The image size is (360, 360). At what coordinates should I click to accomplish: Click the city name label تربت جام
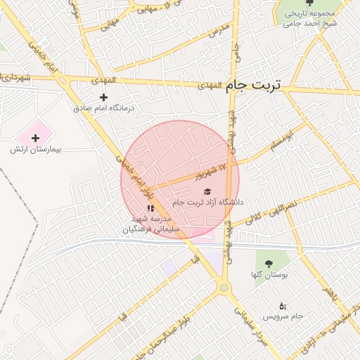252,84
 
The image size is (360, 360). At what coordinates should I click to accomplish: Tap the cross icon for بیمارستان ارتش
36,138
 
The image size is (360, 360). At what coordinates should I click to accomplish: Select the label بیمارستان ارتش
36,150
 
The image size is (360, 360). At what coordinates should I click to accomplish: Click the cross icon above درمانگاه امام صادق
104,96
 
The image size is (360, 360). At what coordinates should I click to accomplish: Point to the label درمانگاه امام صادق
108,108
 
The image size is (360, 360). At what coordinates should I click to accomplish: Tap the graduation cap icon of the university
207,191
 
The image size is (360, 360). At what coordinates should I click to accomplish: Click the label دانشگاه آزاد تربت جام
207,202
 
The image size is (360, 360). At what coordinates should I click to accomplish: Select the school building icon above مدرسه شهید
150,208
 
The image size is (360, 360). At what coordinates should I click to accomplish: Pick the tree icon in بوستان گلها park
268,263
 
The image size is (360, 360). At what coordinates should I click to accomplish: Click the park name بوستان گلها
269,275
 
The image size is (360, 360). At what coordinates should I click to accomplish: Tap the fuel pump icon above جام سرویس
283,306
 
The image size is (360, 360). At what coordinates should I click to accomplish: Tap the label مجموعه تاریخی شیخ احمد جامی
311,18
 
